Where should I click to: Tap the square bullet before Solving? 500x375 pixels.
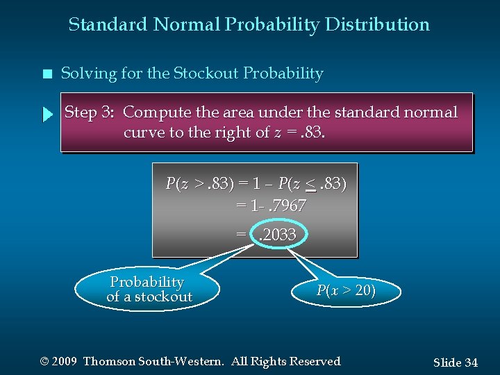(47, 74)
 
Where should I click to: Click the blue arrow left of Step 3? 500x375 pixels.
(47, 115)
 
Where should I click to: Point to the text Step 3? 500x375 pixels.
(90, 112)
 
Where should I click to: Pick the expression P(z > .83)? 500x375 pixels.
(197, 184)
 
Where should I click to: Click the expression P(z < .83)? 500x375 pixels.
(312, 184)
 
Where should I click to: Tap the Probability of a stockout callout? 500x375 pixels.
(147, 290)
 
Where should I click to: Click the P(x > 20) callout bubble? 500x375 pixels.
(346, 291)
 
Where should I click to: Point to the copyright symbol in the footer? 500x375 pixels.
(45, 362)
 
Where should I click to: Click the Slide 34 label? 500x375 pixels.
(455, 362)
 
